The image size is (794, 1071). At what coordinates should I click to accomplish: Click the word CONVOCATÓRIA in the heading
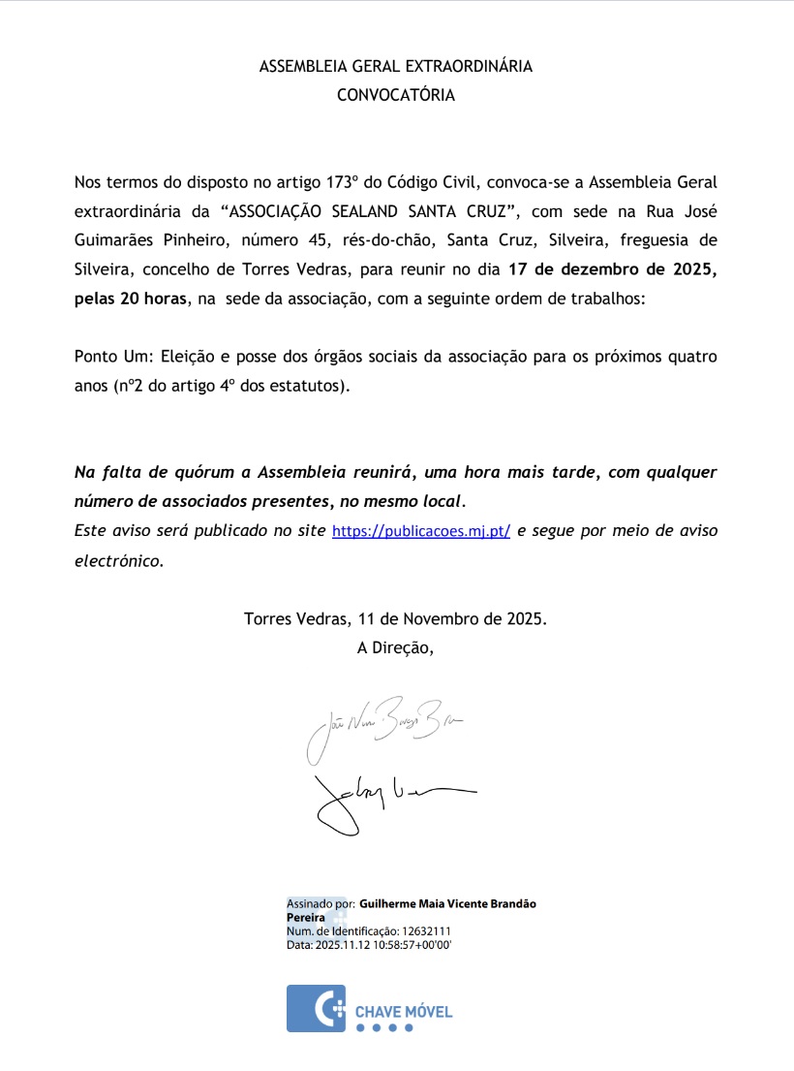pos(395,95)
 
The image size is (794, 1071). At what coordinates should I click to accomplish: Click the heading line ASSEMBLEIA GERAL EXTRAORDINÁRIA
pos(396,67)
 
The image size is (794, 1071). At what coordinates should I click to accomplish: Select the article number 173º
pos(345,181)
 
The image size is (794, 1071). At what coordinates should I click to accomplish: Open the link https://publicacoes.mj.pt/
pos(421,531)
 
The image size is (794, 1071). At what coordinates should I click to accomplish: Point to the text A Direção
pos(395,646)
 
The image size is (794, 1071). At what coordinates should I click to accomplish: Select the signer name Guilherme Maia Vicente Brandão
pos(447,903)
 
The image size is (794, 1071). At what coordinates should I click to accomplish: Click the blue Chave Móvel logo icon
pos(316,1008)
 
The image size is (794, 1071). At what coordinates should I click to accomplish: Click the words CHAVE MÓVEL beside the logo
pos(404,1012)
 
